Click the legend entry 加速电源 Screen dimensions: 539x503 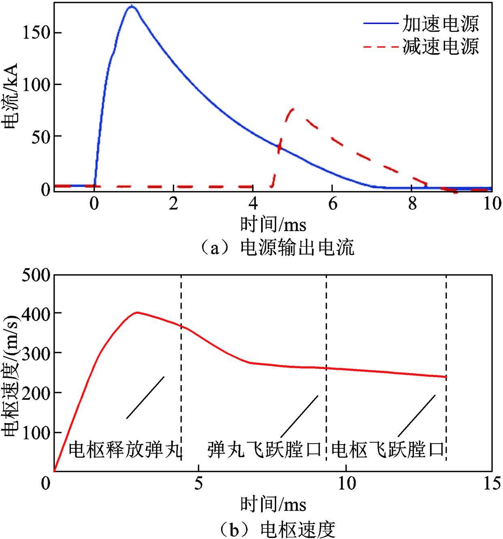[440, 24]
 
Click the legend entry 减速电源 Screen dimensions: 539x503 [440, 47]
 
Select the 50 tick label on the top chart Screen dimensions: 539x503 [44, 136]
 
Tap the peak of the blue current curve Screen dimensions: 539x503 [131, 6]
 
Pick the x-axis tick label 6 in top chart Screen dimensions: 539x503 [332, 204]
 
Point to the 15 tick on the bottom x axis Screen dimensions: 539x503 [491, 484]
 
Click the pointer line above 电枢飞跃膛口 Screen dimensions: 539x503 [416, 414]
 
